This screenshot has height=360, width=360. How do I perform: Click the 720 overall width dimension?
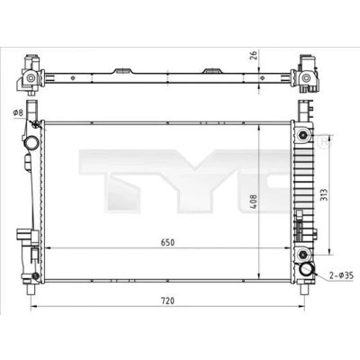(167, 301)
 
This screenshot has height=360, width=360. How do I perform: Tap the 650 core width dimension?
(167, 242)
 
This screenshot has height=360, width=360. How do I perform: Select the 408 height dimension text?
(254, 202)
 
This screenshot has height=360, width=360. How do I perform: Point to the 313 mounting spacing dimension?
(324, 195)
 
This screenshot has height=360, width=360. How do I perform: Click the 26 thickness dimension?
(254, 56)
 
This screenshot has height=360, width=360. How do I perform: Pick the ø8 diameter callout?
(18, 112)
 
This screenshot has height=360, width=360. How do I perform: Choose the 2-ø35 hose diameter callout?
(341, 274)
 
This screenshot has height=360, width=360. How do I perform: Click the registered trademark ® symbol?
(325, 142)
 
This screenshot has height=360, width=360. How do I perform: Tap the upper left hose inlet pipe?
(31, 142)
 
